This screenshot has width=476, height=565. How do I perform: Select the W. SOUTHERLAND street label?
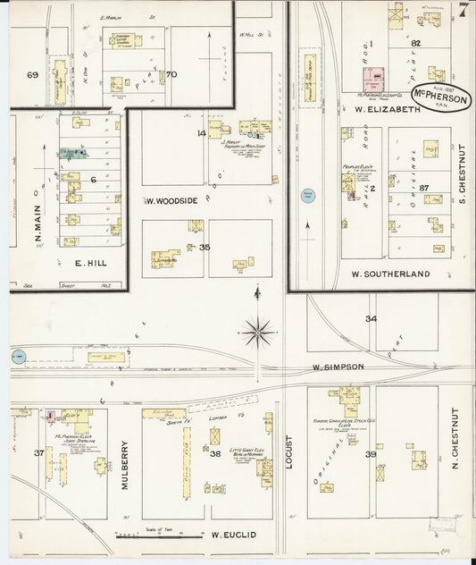pyautogui.click(x=390, y=274)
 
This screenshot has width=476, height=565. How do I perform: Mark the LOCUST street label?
pyautogui.click(x=290, y=454)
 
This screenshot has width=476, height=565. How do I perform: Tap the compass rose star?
pyautogui.click(x=258, y=333)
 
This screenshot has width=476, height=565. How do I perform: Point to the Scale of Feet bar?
pyautogui.click(x=138, y=535)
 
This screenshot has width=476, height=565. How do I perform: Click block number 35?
pyautogui.click(x=205, y=247)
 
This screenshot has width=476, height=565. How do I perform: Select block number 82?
pyautogui.click(x=415, y=42)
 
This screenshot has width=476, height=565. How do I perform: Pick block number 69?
pyautogui.click(x=33, y=75)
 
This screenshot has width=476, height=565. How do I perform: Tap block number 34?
pyautogui.click(x=371, y=318)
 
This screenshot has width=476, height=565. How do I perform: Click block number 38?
pyautogui.click(x=214, y=453)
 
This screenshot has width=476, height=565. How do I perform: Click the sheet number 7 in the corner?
pyautogui.click(x=463, y=11)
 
